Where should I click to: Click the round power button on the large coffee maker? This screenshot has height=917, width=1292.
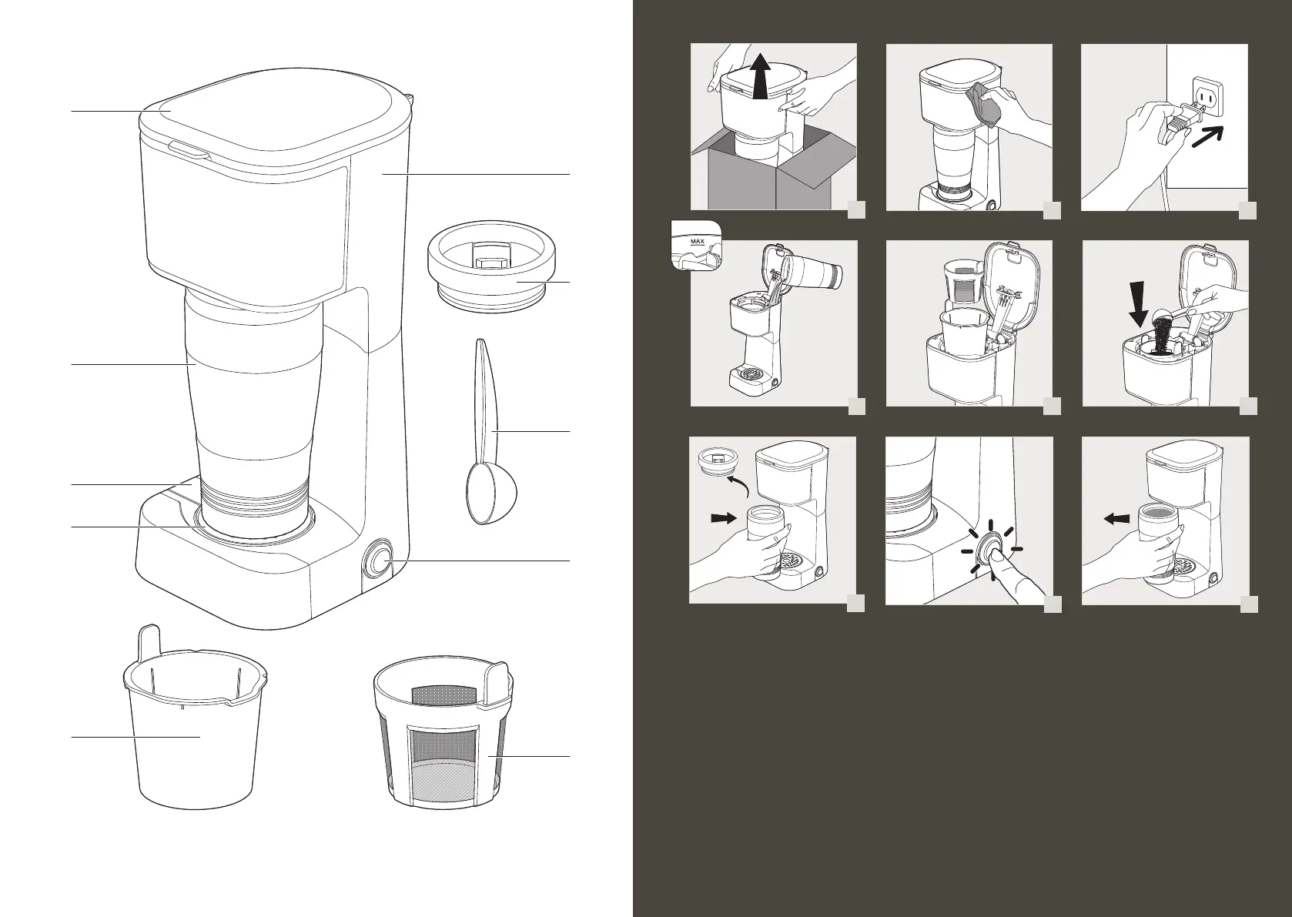click(378, 560)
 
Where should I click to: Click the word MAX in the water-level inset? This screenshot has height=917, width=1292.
click(697, 242)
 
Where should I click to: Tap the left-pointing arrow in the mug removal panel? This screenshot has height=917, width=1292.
click(1116, 518)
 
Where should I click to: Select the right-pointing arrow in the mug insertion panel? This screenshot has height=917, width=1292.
click(725, 518)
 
